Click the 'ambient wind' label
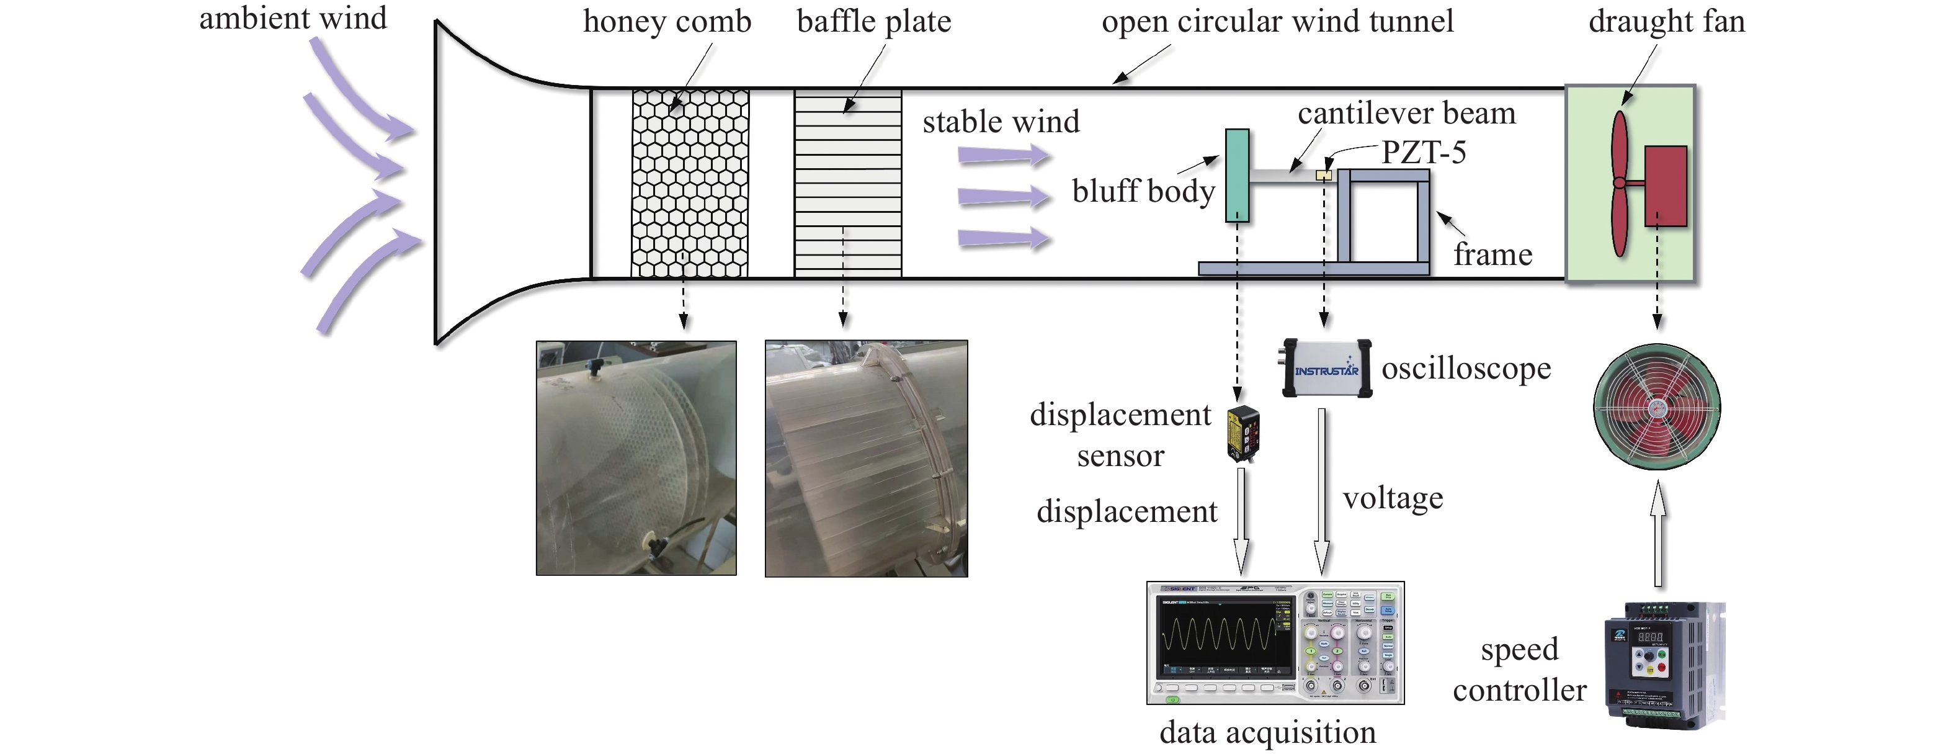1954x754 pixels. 293,18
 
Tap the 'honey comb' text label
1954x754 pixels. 667,21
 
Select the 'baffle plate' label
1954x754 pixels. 874,21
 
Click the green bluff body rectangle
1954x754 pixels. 1236,176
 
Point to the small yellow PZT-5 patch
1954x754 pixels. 1324,175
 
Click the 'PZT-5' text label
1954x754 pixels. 1423,153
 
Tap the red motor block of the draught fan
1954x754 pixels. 1665,186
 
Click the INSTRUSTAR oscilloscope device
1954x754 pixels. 1327,369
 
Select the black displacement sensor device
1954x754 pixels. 1243,434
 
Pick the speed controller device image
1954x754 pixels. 1664,665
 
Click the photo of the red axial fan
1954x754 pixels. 1657,407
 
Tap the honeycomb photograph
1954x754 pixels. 636,458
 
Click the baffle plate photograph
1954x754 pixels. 866,458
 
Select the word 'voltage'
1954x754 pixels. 1393,498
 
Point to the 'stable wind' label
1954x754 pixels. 1001,122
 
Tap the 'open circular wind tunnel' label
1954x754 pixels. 1277,21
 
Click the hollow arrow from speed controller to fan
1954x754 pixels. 1658,535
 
